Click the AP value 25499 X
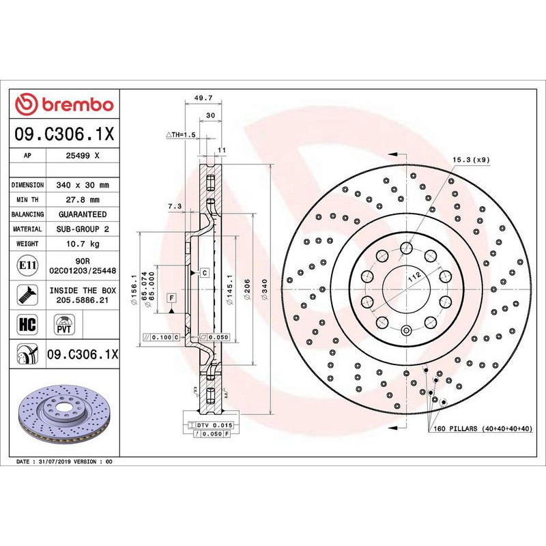[x=83, y=156]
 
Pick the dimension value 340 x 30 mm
[x=83, y=185]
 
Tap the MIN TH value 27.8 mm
[x=83, y=200]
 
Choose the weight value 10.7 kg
[x=83, y=244]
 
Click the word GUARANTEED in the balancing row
[x=83, y=214]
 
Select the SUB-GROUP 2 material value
[x=83, y=229]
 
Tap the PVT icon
[x=63, y=324]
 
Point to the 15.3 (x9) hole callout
[x=471, y=160]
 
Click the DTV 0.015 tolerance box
[x=210, y=425]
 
